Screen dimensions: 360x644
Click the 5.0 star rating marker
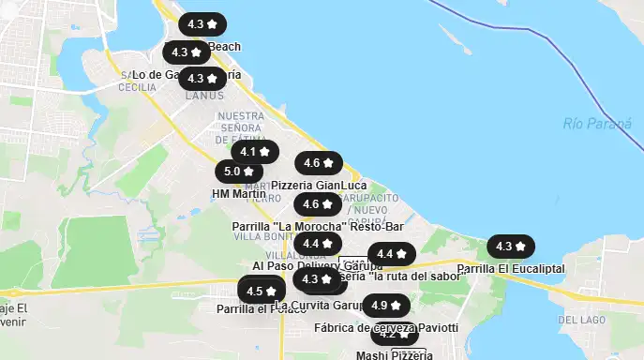(x=239, y=172)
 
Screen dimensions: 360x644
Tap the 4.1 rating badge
(x=254, y=151)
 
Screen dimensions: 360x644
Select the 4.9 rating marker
(x=386, y=306)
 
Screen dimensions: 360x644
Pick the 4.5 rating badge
(x=262, y=292)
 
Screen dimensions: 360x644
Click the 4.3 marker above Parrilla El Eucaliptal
(x=511, y=247)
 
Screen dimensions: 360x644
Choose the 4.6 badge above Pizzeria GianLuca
(x=319, y=163)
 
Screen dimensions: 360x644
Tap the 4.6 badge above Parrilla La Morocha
(x=318, y=204)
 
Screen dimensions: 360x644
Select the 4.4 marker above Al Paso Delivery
(x=318, y=244)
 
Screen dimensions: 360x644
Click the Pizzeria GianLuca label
(x=319, y=186)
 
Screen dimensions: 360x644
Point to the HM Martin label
(x=233, y=194)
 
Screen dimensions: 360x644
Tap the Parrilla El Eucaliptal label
(x=511, y=268)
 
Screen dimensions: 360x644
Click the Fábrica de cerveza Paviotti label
(x=386, y=327)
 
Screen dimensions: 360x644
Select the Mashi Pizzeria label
(x=394, y=354)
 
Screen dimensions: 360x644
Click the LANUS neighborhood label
(x=204, y=96)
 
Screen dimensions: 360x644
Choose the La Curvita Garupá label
(x=319, y=306)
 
